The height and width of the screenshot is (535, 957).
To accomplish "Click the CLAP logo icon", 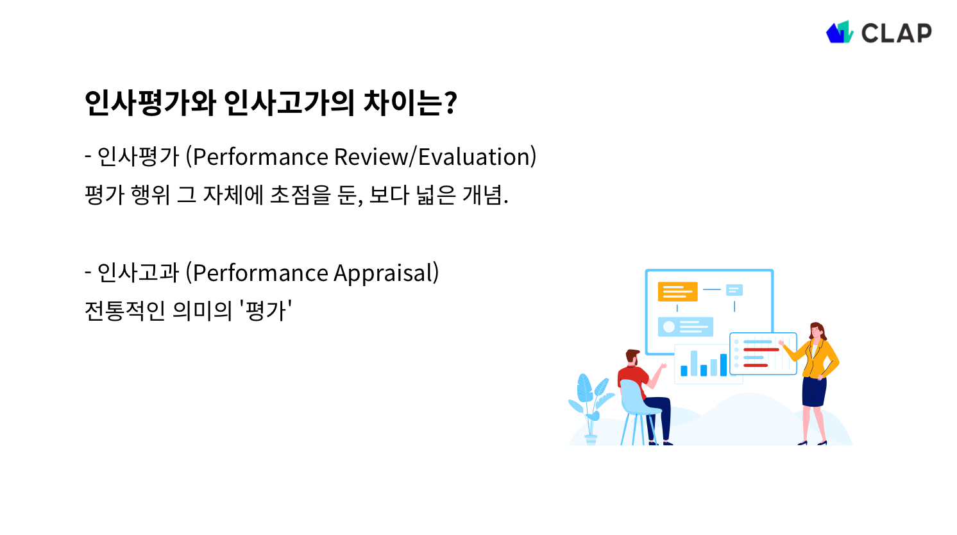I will [x=839, y=32].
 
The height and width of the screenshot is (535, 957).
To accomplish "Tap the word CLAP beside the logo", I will [x=896, y=33].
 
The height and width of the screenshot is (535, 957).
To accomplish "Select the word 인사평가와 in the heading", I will [x=150, y=103].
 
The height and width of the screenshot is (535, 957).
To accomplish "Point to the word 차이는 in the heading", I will [x=402, y=103].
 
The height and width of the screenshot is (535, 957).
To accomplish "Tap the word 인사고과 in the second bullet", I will [x=138, y=273].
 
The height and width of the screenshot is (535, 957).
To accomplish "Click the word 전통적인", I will [x=125, y=311].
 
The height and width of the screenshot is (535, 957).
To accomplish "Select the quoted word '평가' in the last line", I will [x=266, y=311].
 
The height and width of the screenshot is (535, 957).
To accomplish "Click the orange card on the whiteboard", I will [x=677, y=292].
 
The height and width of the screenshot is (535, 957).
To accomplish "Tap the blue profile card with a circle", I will [x=685, y=327].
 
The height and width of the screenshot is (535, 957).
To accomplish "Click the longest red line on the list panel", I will [x=761, y=350].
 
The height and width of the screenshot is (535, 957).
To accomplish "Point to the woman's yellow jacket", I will [x=820, y=359].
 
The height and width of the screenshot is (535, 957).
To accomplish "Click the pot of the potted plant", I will [x=591, y=439].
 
